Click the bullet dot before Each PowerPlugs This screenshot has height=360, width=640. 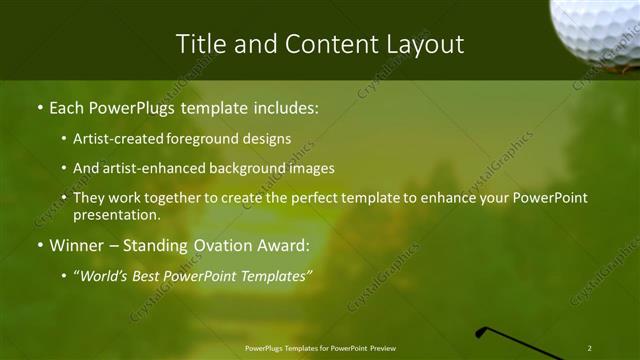(x=39, y=105)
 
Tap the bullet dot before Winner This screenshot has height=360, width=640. (x=39, y=245)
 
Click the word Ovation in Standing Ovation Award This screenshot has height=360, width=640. (x=231, y=245)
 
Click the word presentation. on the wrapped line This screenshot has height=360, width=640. (x=116, y=215)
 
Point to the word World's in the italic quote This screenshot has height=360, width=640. (x=104, y=274)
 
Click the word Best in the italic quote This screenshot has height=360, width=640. (x=150, y=274)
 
